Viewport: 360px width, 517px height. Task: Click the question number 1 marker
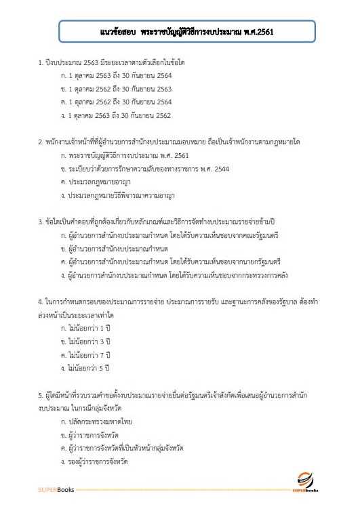[x=40, y=63]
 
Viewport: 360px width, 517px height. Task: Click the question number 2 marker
[x=40, y=143]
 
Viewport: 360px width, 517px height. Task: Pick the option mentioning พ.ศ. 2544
[x=143, y=169]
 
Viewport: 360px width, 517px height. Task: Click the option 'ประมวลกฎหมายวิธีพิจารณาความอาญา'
[x=123, y=195]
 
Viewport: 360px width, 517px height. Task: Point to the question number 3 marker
[x=40, y=222]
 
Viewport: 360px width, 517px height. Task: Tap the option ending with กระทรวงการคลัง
[x=160, y=274]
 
